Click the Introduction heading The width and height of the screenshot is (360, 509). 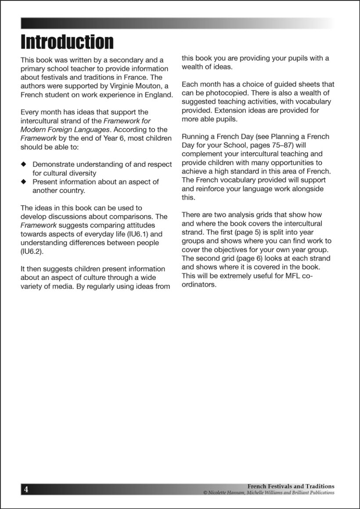click(67, 42)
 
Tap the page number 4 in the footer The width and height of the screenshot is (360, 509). click(26, 489)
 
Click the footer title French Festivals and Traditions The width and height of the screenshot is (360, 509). click(291, 486)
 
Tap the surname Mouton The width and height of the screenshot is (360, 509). click(147, 86)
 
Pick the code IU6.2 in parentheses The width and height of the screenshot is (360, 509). click(31, 251)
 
